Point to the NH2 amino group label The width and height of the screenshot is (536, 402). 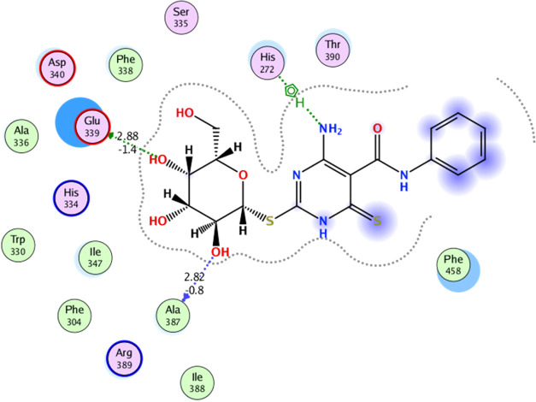tap(330, 130)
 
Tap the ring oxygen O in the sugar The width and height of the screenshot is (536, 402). tap(244, 176)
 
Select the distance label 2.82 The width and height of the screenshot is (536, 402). tap(196, 279)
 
